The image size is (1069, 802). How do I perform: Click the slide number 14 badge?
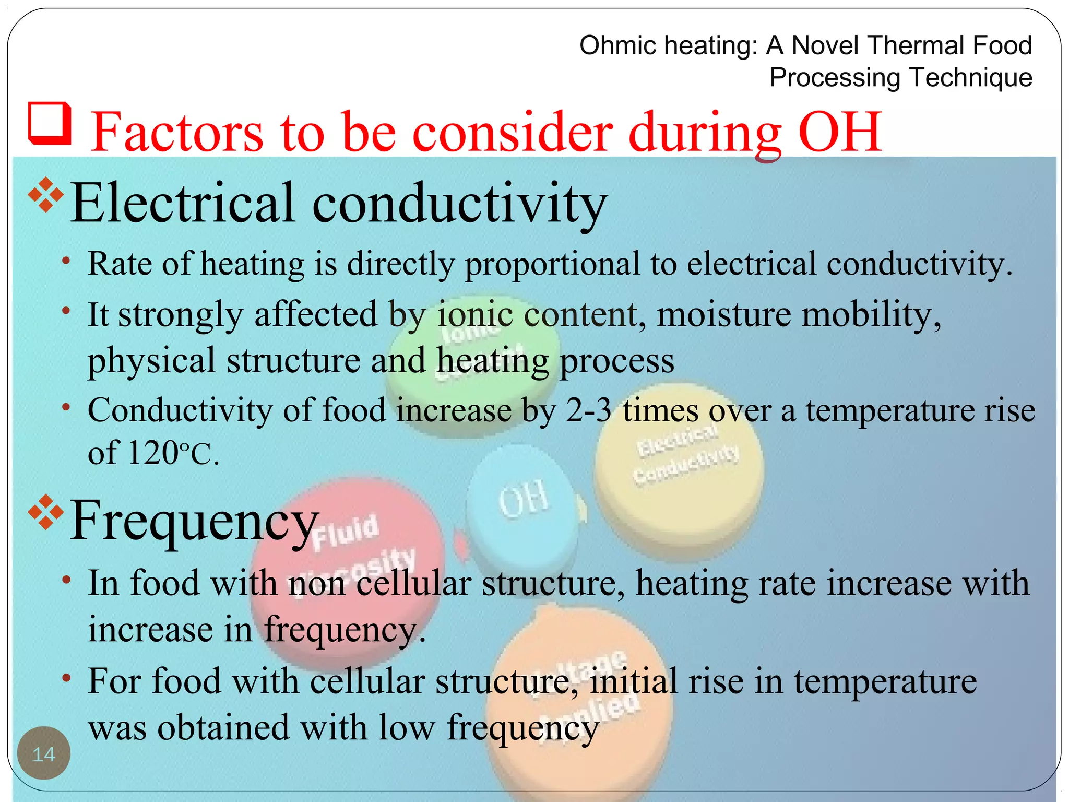(44, 753)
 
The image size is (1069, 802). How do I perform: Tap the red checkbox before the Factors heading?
(50, 123)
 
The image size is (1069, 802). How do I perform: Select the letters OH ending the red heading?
(840, 133)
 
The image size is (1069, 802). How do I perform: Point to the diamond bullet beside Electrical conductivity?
(46, 195)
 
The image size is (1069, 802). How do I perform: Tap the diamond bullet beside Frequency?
(46, 512)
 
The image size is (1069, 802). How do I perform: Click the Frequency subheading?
(194, 520)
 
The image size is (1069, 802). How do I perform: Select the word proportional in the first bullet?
(552, 264)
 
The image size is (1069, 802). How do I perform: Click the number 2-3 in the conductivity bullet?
(589, 410)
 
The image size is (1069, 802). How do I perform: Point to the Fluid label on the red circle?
(345, 532)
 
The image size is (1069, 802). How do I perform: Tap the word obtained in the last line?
(223, 728)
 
